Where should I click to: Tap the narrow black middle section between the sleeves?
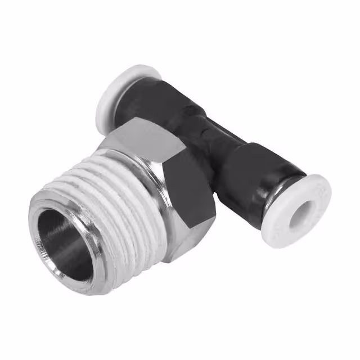click(211, 132)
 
